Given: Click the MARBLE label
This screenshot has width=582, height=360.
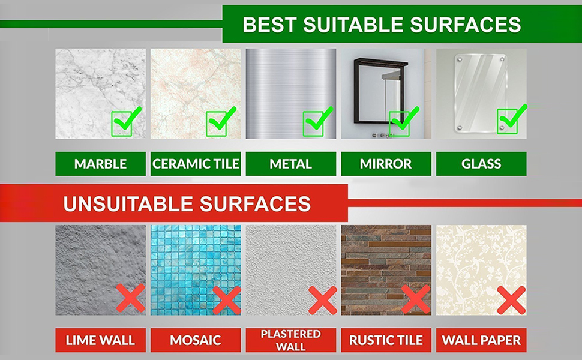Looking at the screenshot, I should pyautogui.click(x=100, y=164).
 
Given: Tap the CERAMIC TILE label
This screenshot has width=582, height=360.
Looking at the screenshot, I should pyautogui.click(x=196, y=164).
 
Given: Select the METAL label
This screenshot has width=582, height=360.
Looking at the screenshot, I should pyautogui.click(x=290, y=164).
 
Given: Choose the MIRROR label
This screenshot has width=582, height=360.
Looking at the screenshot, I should pyautogui.click(x=386, y=164).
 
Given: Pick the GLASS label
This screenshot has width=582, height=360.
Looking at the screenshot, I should pyautogui.click(x=481, y=164).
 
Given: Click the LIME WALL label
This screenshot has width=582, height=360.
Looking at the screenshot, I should pyautogui.click(x=100, y=340).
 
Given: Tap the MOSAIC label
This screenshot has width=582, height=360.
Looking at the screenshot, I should pyautogui.click(x=196, y=340).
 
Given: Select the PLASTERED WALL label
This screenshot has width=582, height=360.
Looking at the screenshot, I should pyautogui.click(x=290, y=340).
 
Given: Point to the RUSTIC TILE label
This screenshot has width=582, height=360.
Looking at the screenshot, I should pyautogui.click(x=386, y=340).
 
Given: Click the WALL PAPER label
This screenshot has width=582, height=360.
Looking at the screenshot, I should pyautogui.click(x=481, y=340).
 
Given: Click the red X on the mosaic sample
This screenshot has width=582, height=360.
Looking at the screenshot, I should pyautogui.click(x=226, y=299).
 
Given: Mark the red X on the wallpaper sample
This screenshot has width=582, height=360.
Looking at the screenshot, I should pyautogui.click(x=511, y=299).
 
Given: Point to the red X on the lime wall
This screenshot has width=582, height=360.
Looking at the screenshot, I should pyautogui.click(x=130, y=298).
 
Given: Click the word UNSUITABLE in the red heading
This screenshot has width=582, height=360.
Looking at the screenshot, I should pyautogui.click(x=124, y=204).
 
